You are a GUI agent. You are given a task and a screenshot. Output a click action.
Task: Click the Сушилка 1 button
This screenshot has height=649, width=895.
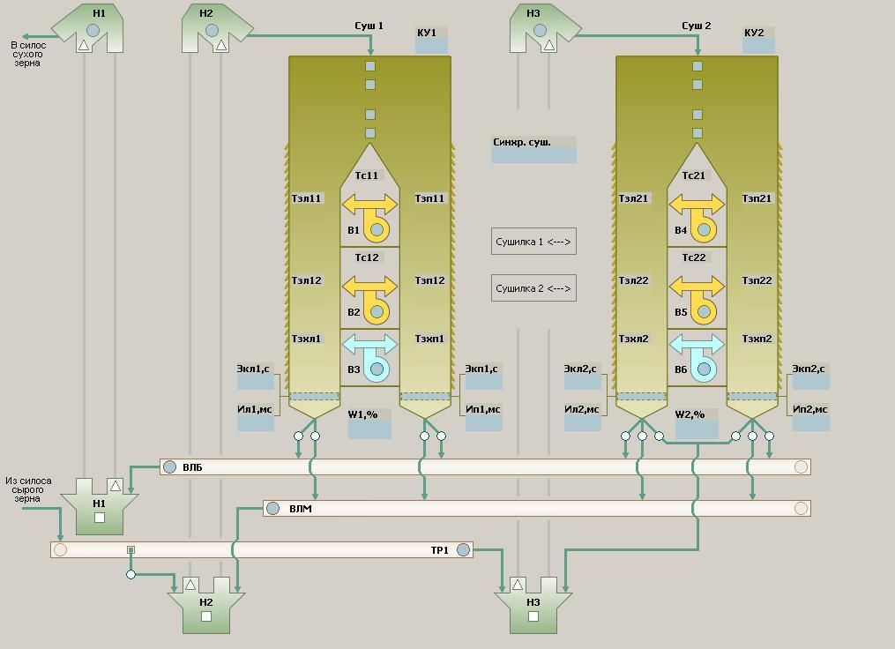[533, 242]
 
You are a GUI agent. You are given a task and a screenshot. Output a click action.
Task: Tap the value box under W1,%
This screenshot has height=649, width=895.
[369, 429]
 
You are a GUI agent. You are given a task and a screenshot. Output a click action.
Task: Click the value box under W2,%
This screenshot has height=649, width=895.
[697, 429]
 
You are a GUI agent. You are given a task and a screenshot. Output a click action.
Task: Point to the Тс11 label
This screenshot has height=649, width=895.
[367, 175]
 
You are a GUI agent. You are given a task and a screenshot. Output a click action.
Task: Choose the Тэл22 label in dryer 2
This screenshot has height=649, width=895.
[633, 281]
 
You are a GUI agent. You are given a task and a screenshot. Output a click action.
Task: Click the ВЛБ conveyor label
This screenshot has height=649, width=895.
[192, 467]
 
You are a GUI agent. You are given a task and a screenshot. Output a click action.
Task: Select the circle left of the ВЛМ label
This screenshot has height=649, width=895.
[273, 508]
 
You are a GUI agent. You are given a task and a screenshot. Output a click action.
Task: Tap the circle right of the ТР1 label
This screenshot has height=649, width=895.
[463, 549]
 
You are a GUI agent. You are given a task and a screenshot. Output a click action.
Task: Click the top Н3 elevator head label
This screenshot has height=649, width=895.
[533, 13]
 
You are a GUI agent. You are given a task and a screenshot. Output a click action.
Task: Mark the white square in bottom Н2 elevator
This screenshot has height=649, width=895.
[206, 616]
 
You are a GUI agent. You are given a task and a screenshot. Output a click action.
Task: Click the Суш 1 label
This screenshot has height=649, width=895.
[369, 26]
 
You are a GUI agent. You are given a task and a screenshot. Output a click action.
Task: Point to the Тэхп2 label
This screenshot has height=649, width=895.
[757, 339]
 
